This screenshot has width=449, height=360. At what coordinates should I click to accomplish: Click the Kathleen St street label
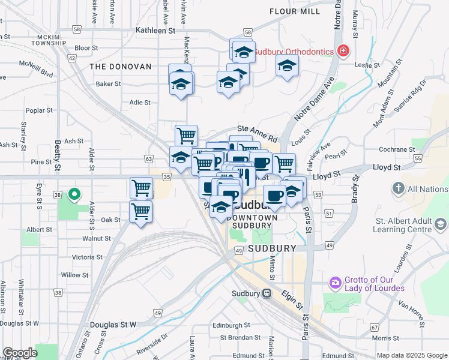155,29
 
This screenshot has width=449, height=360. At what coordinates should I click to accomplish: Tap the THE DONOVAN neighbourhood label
121,67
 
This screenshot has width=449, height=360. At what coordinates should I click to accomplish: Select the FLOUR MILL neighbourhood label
295,11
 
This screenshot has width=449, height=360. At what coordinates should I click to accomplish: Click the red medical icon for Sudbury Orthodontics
343,52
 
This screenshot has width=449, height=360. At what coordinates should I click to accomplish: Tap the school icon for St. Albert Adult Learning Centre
441,224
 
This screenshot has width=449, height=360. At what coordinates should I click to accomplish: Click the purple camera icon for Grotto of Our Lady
335,282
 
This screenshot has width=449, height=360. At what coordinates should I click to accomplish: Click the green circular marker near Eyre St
74,194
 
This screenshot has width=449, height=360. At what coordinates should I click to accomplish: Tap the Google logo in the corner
20,353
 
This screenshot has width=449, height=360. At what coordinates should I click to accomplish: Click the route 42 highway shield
72,58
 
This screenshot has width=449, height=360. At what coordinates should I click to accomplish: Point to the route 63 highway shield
148,158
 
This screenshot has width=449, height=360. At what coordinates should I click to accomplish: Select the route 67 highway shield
375,327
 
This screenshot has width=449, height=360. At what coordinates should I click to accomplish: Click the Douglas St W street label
113,325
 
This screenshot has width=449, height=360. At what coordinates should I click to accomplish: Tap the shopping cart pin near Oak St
140,211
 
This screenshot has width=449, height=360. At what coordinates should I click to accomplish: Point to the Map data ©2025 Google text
412,355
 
